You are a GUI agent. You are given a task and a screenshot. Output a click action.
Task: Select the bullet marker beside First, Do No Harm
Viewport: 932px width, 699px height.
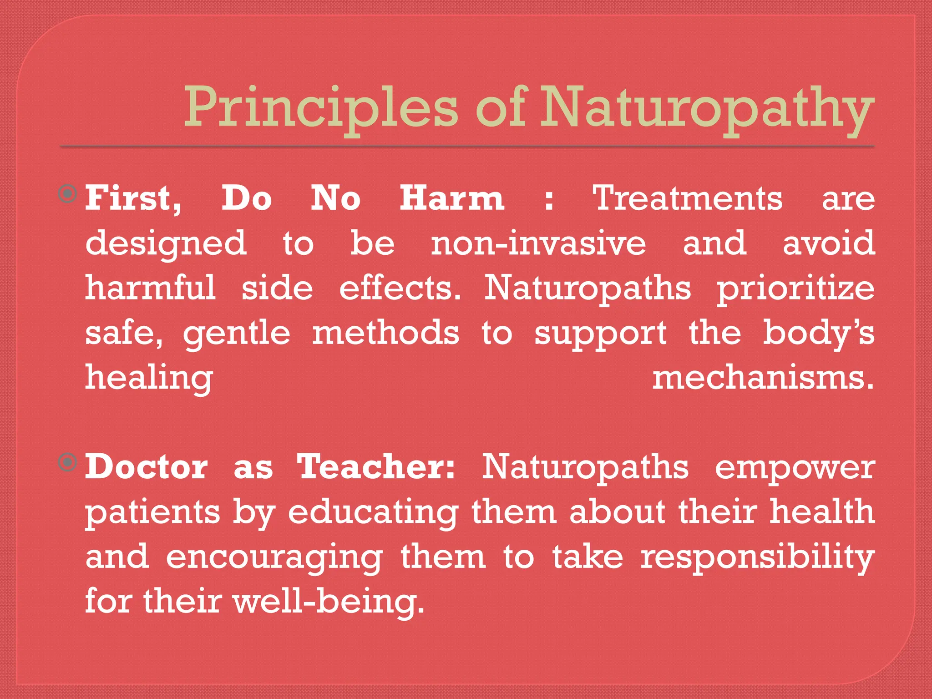[x=68, y=195]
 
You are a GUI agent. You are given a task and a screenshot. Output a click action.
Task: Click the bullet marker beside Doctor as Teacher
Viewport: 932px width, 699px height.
[x=68, y=463]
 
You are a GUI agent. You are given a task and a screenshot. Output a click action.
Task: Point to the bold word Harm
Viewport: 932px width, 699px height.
[x=451, y=199]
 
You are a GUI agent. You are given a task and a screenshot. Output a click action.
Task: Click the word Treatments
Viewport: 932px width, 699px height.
[x=687, y=199]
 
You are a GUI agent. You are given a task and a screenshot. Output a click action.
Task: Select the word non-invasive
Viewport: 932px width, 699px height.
[x=538, y=243]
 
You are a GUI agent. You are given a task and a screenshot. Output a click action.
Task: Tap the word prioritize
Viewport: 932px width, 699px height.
[x=795, y=289]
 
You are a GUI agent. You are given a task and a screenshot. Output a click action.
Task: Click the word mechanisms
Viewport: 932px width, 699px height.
[x=763, y=378]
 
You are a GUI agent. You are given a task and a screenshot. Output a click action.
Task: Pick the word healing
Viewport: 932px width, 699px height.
[x=149, y=379]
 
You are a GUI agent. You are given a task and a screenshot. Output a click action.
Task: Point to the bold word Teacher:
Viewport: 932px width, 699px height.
[x=376, y=467]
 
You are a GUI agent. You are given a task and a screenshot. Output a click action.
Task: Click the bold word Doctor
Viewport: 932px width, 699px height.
[x=147, y=467]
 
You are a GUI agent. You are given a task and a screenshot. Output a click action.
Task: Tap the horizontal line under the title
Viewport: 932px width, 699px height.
[x=467, y=147]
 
